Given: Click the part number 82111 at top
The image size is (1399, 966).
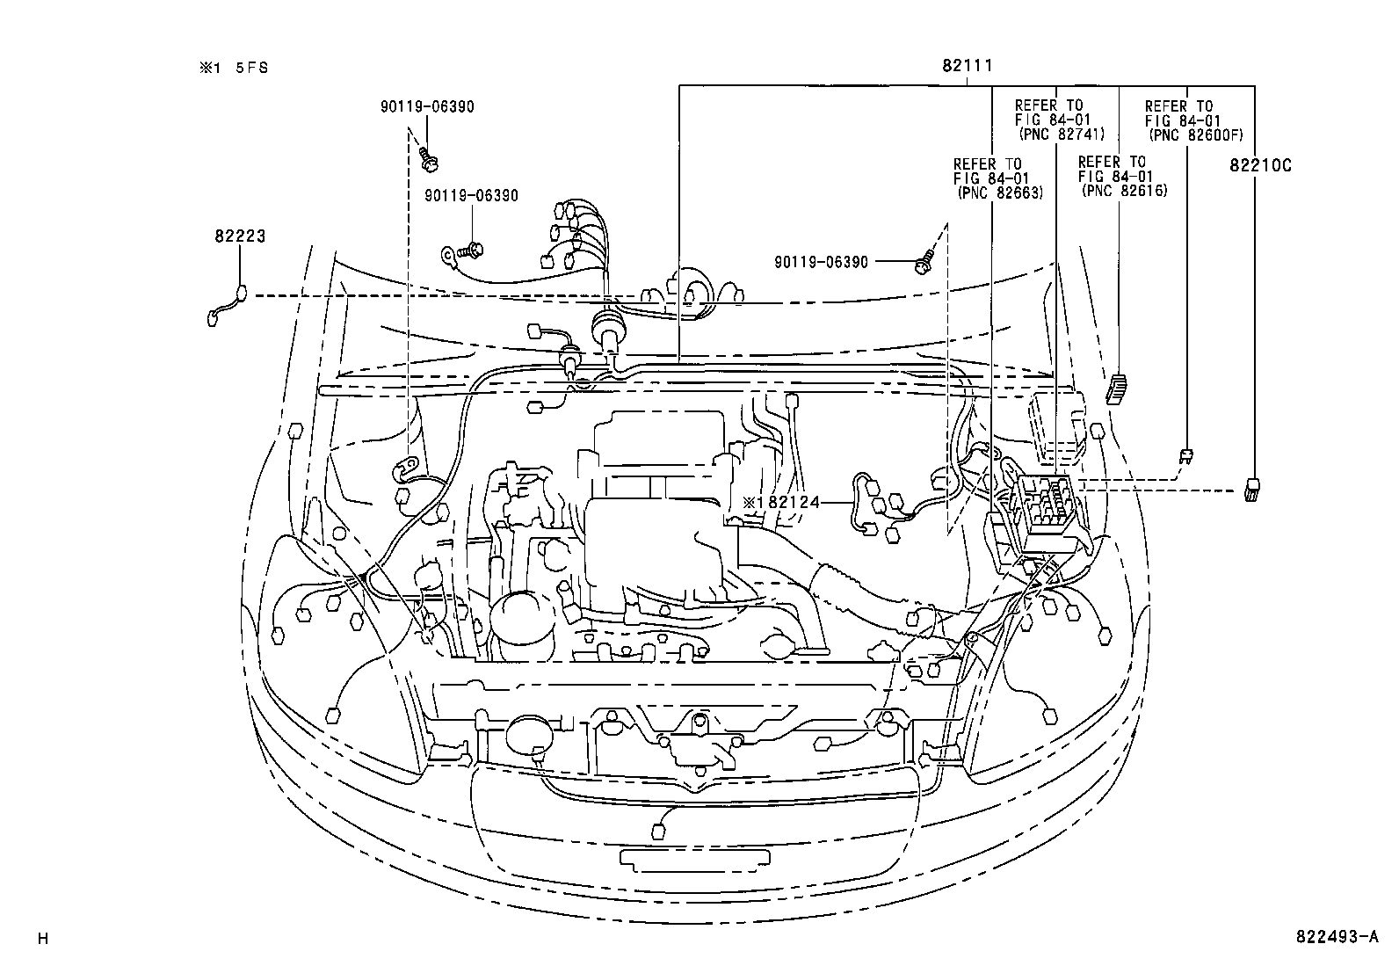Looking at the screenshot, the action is click(968, 65).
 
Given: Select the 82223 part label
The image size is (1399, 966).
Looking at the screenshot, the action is click(240, 236).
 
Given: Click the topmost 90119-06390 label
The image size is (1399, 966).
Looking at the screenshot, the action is click(427, 106).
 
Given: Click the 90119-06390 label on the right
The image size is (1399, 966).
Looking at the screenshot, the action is click(821, 262).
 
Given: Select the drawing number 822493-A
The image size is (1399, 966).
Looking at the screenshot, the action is click(1336, 938).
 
